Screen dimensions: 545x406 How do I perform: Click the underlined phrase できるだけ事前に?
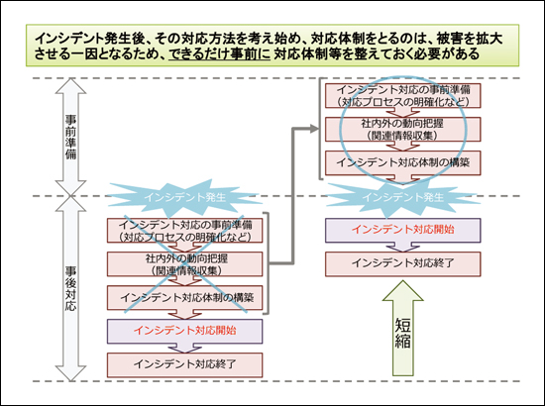(x=219, y=54)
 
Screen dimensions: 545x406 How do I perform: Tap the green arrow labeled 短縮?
(x=403, y=328)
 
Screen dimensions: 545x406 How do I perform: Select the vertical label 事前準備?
(x=71, y=137)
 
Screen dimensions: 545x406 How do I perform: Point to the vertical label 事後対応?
(x=71, y=288)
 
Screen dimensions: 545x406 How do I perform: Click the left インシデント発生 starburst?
(x=184, y=198)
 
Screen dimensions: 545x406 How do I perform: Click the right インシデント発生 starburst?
(x=403, y=198)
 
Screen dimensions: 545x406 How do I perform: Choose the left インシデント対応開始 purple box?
(x=184, y=331)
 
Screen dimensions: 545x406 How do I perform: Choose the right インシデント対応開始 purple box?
(x=403, y=231)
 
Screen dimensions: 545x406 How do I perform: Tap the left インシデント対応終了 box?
(x=184, y=365)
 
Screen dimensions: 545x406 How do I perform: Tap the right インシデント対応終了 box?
(x=403, y=264)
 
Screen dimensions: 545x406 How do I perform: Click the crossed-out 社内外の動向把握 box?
(x=184, y=264)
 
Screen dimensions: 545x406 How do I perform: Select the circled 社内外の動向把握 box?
(x=403, y=129)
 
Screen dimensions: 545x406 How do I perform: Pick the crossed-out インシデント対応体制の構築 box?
(x=184, y=298)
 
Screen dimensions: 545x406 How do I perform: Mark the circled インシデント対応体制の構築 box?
(x=403, y=162)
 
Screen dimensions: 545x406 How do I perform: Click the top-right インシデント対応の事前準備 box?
(x=403, y=95)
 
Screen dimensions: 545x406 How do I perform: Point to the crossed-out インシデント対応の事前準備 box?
(x=184, y=231)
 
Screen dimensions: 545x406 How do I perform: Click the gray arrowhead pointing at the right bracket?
(x=314, y=129)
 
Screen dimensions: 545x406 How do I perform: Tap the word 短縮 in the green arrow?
(x=403, y=333)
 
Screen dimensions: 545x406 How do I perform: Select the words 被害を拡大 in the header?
(x=470, y=39)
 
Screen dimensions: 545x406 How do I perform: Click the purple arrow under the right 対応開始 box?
(x=403, y=247)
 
